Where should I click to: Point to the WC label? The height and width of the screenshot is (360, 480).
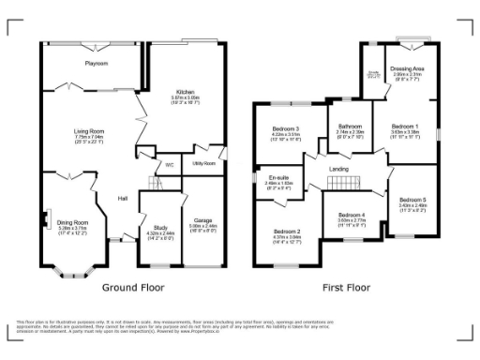pos(171,165)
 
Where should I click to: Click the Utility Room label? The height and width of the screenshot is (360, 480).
pos(203,163)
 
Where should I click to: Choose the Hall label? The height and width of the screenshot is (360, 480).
pos(123,198)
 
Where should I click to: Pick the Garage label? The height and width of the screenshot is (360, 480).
pos(203,221)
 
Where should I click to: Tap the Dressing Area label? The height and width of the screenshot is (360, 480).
pos(411,68)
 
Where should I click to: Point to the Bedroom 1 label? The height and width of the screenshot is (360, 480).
pos(405,126)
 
